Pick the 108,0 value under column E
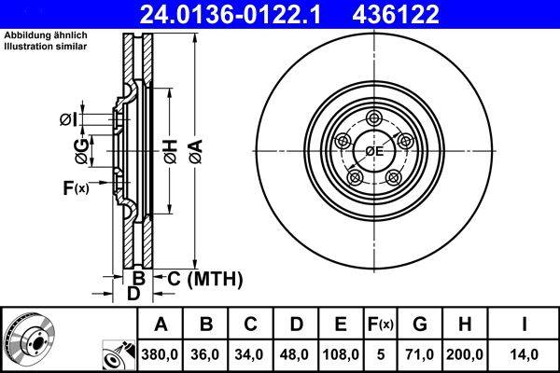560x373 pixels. [x=341, y=354]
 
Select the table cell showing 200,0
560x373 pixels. [x=464, y=354]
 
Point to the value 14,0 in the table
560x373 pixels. [x=525, y=354]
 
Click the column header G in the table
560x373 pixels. [x=420, y=325]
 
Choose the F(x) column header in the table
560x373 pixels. [x=381, y=325]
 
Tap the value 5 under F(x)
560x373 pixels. [x=381, y=354]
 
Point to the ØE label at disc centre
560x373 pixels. [x=374, y=150]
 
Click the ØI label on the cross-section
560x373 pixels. [x=67, y=118]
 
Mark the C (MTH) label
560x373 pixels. [x=204, y=278]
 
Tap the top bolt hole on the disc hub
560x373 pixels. [x=374, y=117]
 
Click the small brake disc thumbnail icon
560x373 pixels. [x=30, y=340]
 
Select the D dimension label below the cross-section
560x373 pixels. [x=133, y=294]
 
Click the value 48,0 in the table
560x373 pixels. [x=296, y=354]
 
